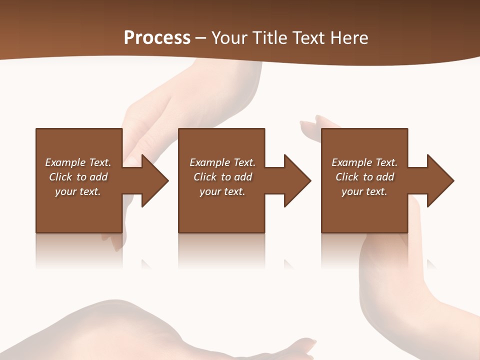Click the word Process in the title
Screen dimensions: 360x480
coord(157,38)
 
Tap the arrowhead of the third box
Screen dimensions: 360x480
coord(439,180)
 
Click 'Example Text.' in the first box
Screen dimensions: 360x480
coord(78,162)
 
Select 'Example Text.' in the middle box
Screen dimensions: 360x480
coord(222,162)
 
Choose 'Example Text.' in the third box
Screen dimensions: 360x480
coord(364,162)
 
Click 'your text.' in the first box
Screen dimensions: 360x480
coord(78,191)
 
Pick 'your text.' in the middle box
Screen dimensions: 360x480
coord(222,191)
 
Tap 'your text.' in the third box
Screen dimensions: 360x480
coord(364,191)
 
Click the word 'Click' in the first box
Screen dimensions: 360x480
coord(60,177)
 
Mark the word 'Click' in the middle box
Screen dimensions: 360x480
coord(205,177)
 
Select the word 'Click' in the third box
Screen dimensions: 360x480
coord(347,177)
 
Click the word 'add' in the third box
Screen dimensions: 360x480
coord(384,177)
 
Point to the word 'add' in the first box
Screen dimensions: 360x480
coord(98,177)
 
